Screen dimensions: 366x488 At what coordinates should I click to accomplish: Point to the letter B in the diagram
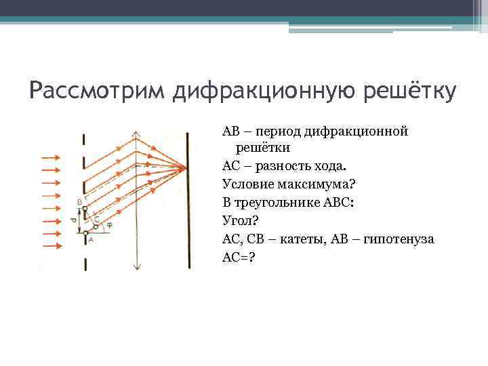click(79, 202)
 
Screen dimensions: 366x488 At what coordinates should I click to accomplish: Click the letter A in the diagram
click(91, 239)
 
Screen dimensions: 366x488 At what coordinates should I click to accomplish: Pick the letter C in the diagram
click(97, 220)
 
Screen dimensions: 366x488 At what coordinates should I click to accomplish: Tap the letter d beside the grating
click(73, 220)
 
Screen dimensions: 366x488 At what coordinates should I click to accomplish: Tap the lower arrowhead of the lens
click(137, 267)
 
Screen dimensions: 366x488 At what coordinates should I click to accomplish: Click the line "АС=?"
click(239, 258)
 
